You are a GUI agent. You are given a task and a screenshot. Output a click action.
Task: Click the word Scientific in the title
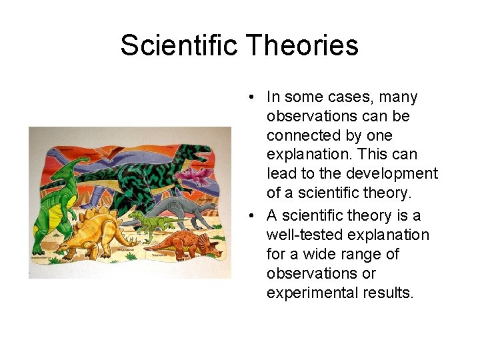pos(179,45)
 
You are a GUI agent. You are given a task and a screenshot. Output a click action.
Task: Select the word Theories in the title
pos(303,45)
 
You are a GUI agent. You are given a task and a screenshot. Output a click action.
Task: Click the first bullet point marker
pos(247,97)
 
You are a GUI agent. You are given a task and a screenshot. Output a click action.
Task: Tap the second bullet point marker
pos(247,216)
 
